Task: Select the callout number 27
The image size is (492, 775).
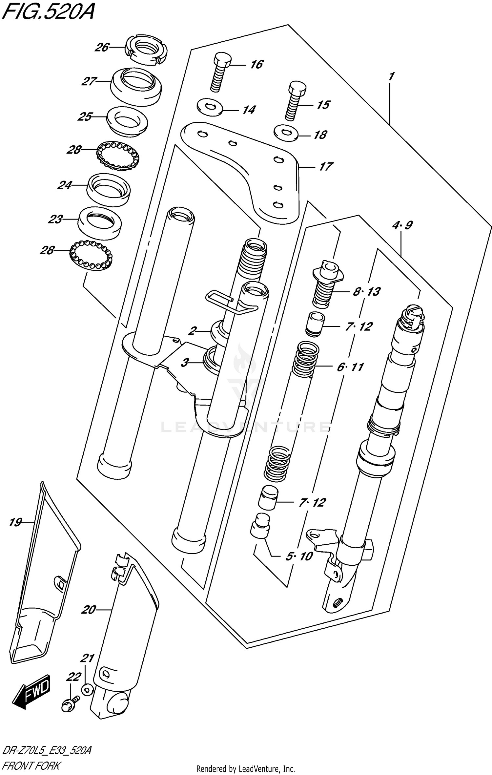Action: (x=89, y=81)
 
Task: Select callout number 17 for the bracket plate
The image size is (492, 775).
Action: (x=326, y=167)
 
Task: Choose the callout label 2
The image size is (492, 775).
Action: (x=193, y=331)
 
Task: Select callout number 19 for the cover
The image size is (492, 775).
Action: (x=15, y=522)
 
